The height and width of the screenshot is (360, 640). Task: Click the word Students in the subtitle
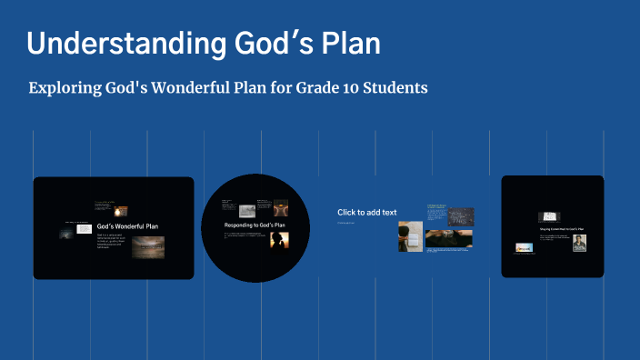pos(395,88)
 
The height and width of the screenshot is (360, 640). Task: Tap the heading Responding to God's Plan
pos(255,225)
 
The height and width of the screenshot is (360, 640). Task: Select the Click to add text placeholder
pos(366,213)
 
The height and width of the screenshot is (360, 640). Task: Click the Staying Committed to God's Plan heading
pos(562,229)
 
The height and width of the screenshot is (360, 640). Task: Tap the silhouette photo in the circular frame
pos(278,241)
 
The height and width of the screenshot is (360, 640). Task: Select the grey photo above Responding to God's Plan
pos(246,210)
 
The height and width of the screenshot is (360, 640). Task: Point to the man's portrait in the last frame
pos(579,243)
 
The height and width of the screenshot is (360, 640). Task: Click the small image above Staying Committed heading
pos(548,217)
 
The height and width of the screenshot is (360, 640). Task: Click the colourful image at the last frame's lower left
pos(524,246)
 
